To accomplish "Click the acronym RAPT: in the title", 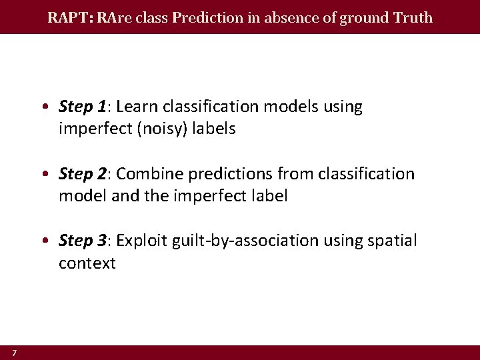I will (x=70, y=17).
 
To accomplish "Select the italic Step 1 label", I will (x=83, y=107).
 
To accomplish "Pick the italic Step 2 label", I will (x=83, y=174).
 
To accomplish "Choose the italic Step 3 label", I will (x=83, y=241).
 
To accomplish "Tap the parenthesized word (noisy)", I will (x=164, y=129).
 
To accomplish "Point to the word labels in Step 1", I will (x=214, y=129).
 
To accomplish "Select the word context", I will (x=87, y=263).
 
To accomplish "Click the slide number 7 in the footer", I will (x=13, y=352).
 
